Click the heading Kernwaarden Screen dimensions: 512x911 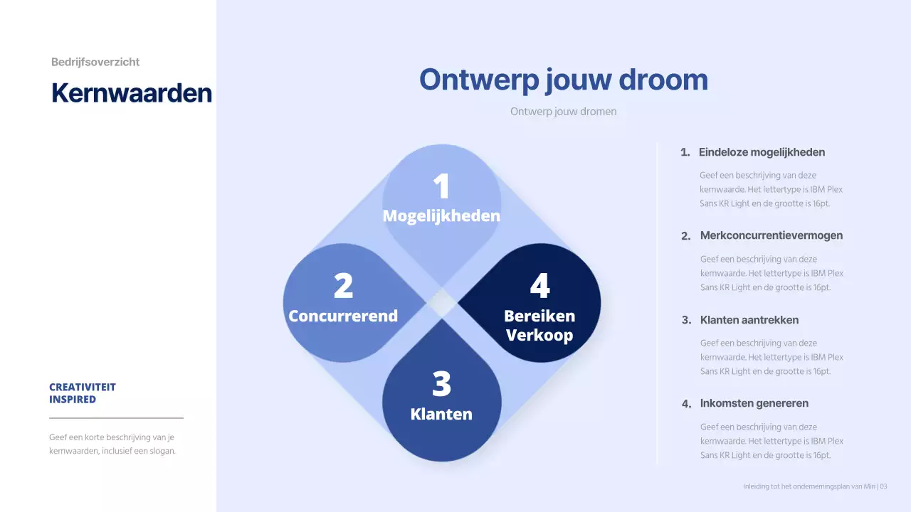(132, 93)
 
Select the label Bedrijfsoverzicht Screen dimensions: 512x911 (95, 62)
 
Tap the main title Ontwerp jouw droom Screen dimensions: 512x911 (563, 79)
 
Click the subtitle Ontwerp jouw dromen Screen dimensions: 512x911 (563, 112)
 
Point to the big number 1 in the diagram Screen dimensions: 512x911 (441, 186)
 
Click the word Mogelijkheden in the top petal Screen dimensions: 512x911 (441, 215)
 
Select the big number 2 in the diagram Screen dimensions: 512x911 (343, 286)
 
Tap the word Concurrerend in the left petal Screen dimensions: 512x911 (343, 316)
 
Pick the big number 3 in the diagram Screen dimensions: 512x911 (441, 384)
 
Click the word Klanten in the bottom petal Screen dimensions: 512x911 (441, 414)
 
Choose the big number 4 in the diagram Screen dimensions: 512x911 (539, 286)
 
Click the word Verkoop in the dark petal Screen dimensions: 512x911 (539, 335)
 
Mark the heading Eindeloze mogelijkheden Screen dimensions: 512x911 (762, 152)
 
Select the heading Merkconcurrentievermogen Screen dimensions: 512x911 (772, 235)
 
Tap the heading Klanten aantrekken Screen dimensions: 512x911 (749, 320)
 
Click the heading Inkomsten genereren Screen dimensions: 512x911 (754, 403)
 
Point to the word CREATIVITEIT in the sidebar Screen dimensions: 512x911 (83, 388)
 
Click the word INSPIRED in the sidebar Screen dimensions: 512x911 (73, 400)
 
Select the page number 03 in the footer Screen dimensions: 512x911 (883, 486)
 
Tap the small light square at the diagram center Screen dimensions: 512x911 (442, 303)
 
